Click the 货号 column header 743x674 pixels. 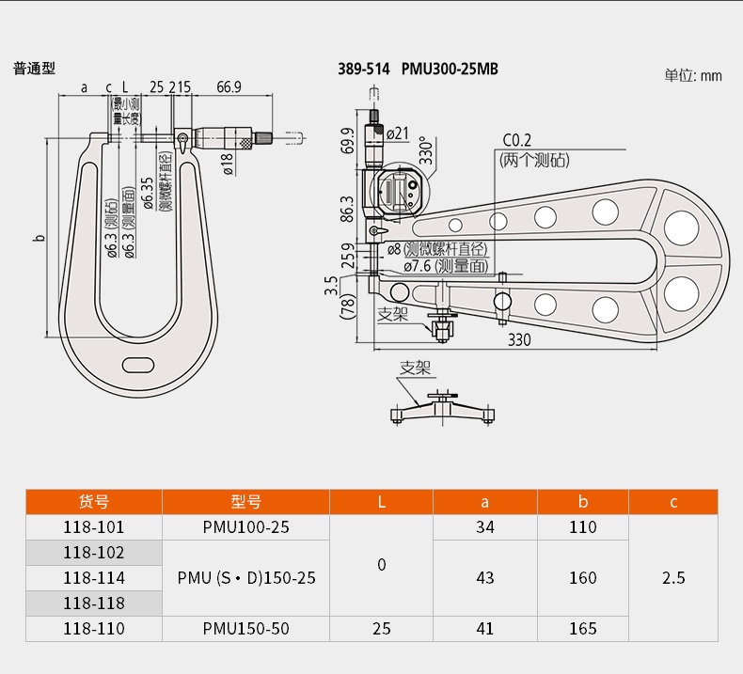click(x=93, y=502)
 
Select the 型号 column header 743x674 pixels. click(x=245, y=502)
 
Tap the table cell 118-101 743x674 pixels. click(x=93, y=527)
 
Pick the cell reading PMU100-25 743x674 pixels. click(x=245, y=527)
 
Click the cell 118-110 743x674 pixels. click(x=93, y=628)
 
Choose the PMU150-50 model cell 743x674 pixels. click(x=245, y=628)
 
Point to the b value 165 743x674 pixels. click(x=582, y=628)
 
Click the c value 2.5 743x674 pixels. click(x=673, y=577)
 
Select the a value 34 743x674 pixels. click(x=484, y=527)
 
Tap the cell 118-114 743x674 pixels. click(x=93, y=577)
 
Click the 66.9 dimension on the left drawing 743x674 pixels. click(x=229, y=87)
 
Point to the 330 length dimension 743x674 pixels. click(x=520, y=339)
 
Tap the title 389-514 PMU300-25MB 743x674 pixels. click(x=418, y=69)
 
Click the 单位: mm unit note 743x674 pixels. click(x=693, y=75)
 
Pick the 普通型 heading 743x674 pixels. click(x=35, y=69)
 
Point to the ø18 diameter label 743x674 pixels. click(x=227, y=164)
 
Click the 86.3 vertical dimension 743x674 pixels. click(x=347, y=208)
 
